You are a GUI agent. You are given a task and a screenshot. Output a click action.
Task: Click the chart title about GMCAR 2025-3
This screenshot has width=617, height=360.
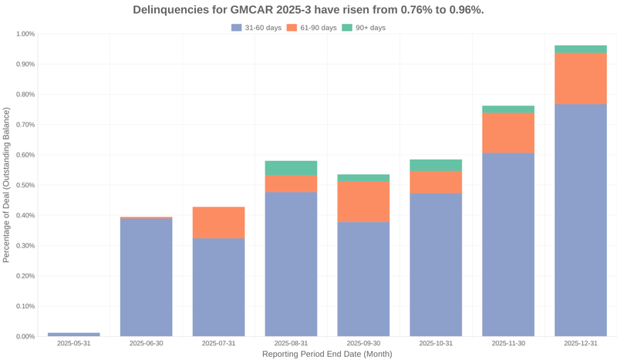point(308,10)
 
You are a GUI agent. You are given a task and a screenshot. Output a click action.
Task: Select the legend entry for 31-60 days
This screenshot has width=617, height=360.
point(257,28)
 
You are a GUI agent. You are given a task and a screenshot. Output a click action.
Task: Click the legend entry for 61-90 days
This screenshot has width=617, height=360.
point(312,28)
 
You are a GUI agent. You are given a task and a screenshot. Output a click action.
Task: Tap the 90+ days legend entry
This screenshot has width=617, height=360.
point(364,28)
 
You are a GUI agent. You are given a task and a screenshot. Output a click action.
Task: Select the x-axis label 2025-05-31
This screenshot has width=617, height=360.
point(74,343)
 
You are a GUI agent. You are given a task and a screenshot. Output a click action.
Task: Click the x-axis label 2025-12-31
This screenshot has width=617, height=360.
point(581,343)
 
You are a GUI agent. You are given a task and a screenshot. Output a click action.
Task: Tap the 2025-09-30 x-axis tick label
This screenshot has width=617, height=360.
point(363,343)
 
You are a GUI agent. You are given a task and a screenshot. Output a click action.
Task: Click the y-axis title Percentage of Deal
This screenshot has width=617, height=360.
point(7,185)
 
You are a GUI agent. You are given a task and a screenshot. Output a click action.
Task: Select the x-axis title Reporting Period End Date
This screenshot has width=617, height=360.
point(327,354)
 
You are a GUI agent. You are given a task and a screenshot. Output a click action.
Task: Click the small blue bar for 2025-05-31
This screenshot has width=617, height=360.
point(74,335)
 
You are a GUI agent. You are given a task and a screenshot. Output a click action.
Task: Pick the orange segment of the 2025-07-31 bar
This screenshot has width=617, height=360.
point(219,223)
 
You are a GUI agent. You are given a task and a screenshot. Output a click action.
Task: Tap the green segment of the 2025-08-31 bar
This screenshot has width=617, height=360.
point(291,168)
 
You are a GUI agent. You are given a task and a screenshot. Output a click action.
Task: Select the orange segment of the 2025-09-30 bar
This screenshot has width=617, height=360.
point(363,202)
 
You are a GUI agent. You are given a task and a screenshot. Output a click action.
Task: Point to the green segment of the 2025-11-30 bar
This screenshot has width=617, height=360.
point(508,109)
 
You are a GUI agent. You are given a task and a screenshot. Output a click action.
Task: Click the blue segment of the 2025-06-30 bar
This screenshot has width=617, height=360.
point(147,278)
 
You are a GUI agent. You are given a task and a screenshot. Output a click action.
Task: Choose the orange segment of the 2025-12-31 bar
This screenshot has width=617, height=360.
point(581,79)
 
